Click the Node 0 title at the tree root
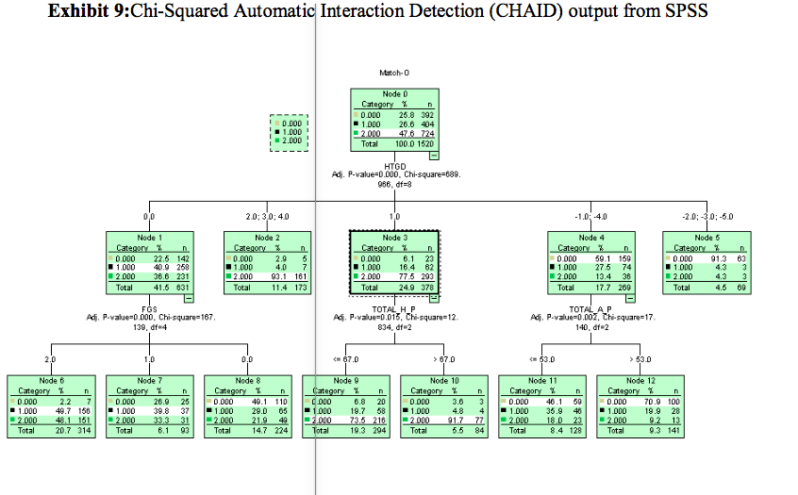395,94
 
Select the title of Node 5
705,238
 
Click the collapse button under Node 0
434,153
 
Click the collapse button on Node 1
189,296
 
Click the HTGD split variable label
393,166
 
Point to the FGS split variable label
149,308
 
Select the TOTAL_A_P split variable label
591,308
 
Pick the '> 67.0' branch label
443,359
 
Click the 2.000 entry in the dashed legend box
292,140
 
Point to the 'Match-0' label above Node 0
394,73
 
